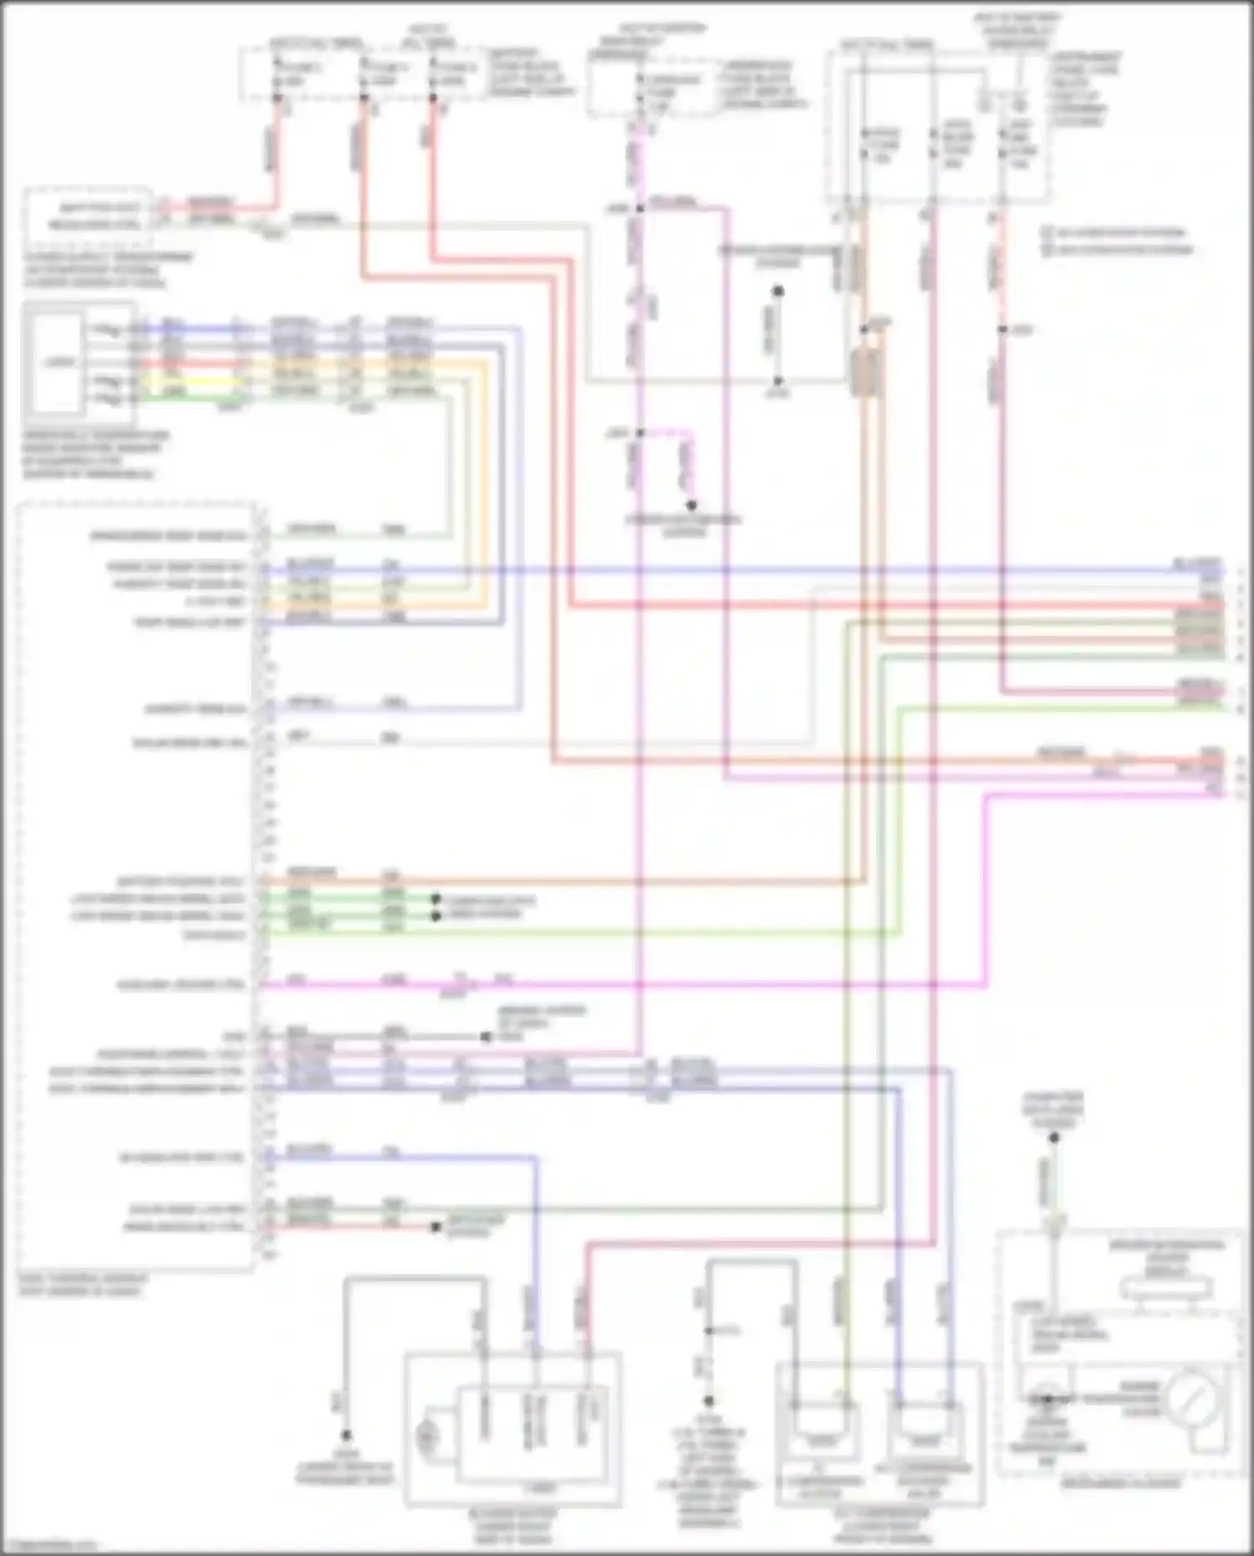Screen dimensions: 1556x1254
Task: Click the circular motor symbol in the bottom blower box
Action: (427, 1436)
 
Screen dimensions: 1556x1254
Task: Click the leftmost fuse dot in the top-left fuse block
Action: (278, 98)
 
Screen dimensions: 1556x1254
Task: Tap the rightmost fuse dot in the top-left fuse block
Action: (432, 99)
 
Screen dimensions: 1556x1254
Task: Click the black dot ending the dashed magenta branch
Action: (691, 506)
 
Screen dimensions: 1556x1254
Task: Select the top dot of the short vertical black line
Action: (777, 292)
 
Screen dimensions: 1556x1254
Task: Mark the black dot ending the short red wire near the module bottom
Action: (436, 1227)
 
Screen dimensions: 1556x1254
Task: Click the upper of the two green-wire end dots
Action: (436, 899)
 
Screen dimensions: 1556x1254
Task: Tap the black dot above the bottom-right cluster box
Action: (1054, 1138)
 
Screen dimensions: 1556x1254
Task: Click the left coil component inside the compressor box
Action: (820, 1421)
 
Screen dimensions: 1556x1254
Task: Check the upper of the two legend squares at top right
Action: (1047, 232)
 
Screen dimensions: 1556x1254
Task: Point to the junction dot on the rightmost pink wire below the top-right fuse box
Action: (1002, 330)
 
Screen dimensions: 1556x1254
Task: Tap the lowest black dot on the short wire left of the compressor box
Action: (709, 1400)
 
